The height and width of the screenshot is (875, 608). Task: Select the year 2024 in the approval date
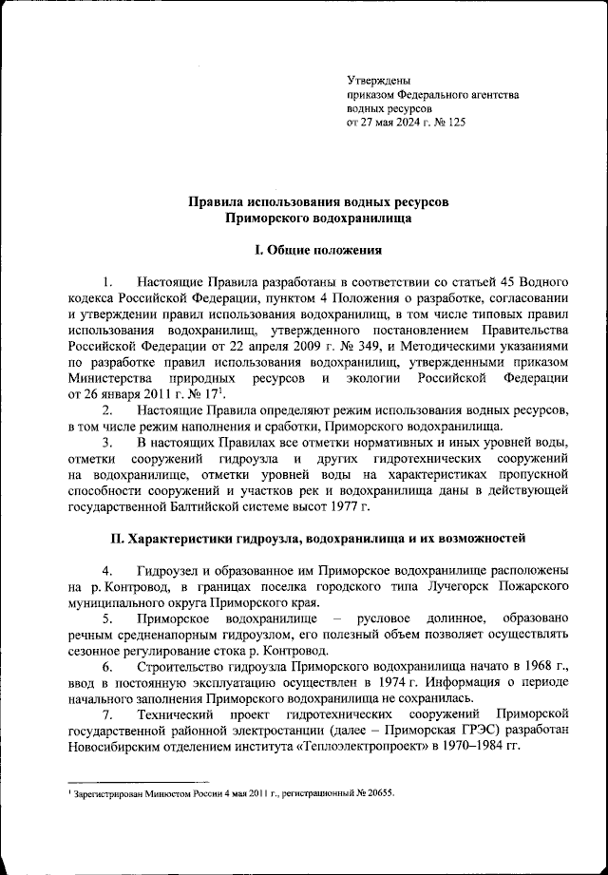pos(408,123)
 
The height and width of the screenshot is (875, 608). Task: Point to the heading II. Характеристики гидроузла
pos(317,539)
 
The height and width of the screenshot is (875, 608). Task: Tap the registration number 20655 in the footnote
pos(373,792)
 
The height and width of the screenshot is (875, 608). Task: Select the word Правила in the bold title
pos(215,203)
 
